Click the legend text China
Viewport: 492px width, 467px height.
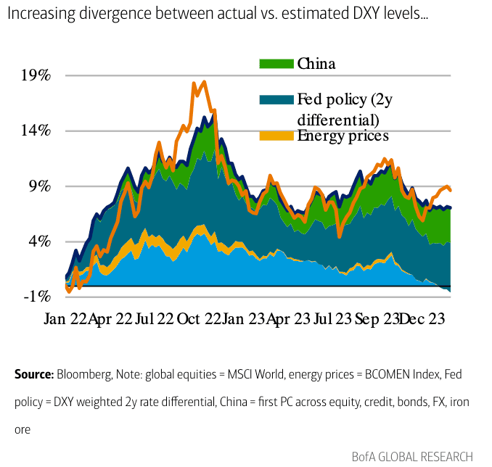(x=316, y=64)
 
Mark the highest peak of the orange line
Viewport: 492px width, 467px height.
(x=204, y=82)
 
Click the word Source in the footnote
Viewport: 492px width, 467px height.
(x=33, y=374)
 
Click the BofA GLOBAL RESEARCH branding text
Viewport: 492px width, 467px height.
(x=411, y=456)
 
